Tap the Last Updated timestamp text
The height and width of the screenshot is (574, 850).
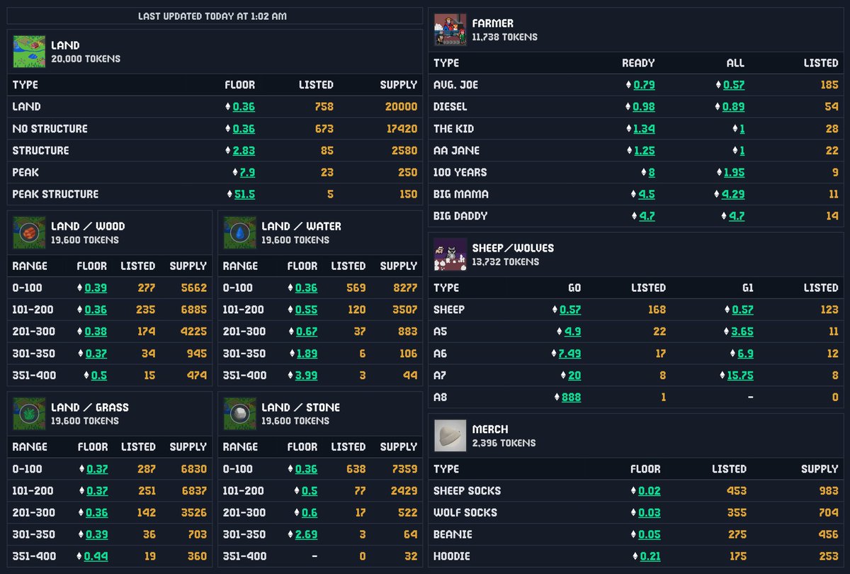pyautogui.click(x=212, y=16)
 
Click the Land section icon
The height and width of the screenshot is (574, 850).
pyautogui.click(x=29, y=52)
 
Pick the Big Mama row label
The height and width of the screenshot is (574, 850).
pyautogui.click(x=460, y=194)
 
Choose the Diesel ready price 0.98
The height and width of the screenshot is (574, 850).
pyautogui.click(x=644, y=107)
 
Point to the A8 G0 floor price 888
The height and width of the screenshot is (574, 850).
pyautogui.click(x=571, y=398)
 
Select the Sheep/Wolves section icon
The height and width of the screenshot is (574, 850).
pyautogui.click(x=450, y=254)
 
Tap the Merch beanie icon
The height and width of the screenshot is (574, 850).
pyautogui.click(x=450, y=436)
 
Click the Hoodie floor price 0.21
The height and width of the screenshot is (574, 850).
pyautogui.click(x=650, y=557)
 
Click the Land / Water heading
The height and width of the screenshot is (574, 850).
pyautogui.click(x=301, y=227)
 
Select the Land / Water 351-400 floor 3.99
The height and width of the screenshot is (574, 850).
pyautogui.click(x=306, y=376)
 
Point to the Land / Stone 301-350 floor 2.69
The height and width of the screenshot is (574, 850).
pyautogui.click(x=306, y=534)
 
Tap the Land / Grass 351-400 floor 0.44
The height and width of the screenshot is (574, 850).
pyautogui.click(x=96, y=557)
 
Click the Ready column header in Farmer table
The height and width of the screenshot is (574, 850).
pyautogui.click(x=638, y=63)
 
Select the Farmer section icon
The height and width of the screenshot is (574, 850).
pyautogui.click(x=450, y=30)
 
